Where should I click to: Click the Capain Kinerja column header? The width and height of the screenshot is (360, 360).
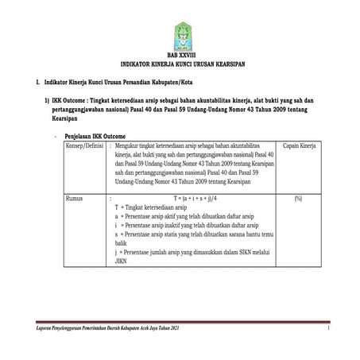click(x=298, y=146)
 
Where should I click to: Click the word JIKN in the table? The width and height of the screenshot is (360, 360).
click(x=122, y=259)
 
